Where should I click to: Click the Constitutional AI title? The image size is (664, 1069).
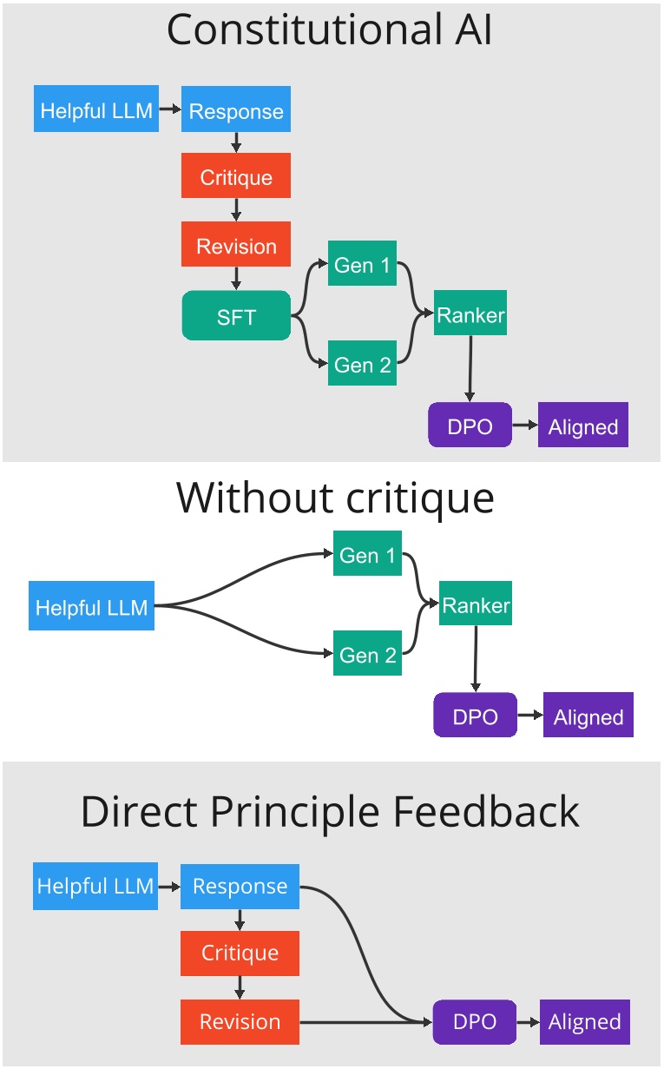click(330, 30)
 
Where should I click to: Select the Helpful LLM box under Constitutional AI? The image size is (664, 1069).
click(96, 110)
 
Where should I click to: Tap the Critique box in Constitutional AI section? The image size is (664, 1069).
click(236, 177)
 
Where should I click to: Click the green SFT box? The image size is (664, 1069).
click(236, 316)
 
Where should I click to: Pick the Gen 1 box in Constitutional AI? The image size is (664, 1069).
click(363, 264)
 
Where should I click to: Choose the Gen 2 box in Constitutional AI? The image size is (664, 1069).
click(363, 365)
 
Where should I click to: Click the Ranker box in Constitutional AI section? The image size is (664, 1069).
click(470, 314)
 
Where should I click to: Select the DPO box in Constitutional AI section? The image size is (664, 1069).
click(470, 426)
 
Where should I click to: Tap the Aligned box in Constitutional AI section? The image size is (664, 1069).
click(582, 426)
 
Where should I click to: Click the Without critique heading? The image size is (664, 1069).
click(335, 498)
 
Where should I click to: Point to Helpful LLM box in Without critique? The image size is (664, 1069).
click(91, 606)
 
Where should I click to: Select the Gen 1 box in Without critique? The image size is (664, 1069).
click(368, 555)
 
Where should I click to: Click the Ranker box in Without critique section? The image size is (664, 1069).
click(476, 604)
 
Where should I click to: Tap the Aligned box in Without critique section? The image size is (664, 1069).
click(588, 716)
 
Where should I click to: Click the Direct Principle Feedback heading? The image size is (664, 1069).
click(330, 811)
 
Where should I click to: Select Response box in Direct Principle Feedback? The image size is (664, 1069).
click(240, 887)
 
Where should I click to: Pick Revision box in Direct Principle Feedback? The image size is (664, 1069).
click(240, 1021)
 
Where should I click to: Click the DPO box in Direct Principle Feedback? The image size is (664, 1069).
click(474, 1021)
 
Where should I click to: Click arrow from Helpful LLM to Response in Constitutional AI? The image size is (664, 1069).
click(170, 110)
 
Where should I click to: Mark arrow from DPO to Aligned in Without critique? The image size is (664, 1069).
click(529, 716)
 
